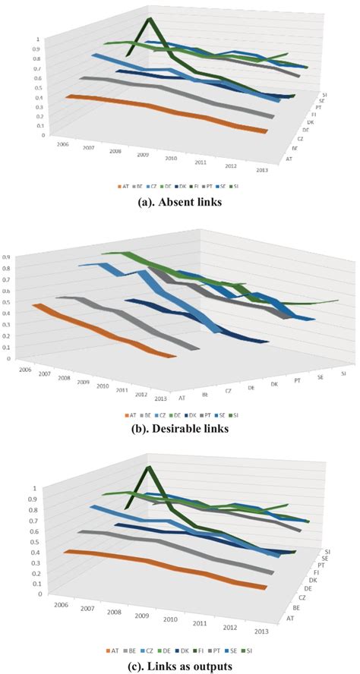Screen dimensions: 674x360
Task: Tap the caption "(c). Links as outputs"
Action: pos(179,664)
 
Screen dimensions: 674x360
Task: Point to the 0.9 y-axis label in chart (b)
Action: pos(7,257)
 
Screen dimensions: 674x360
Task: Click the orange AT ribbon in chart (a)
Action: pos(167,113)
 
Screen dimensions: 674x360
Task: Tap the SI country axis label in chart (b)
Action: pos(343,373)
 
